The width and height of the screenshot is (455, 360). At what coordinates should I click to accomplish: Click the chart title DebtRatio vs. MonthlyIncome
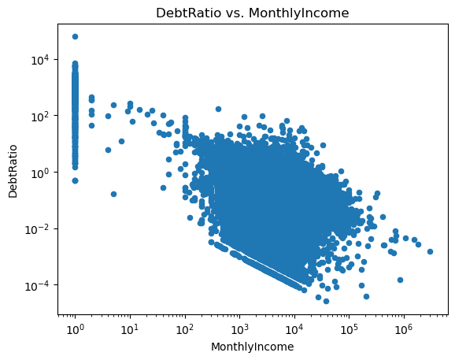click(x=252, y=13)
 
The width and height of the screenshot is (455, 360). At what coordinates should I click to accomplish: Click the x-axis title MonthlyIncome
click(x=252, y=347)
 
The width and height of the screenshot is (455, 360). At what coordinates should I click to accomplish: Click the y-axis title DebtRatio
click(x=13, y=171)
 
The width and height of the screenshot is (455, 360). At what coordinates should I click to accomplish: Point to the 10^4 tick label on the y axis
click(x=41, y=60)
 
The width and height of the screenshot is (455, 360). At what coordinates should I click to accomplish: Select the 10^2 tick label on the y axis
click(x=41, y=116)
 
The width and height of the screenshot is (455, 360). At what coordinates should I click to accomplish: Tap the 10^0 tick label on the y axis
click(x=41, y=173)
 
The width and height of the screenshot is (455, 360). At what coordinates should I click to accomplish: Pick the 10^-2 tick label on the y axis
click(x=38, y=229)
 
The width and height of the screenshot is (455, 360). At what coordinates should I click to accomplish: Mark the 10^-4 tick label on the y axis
click(x=38, y=286)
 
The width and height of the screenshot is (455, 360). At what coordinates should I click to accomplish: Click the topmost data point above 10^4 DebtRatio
click(x=75, y=36)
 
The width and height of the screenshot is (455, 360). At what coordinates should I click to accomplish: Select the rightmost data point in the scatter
click(x=430, y=251)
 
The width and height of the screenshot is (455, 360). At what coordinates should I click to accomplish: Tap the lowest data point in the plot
click(x=326, y=302)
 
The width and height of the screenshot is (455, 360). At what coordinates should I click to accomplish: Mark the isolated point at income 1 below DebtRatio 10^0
click(x=75, y=181)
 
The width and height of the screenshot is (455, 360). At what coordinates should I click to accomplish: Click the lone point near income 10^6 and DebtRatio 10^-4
click(x=400, y=280)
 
